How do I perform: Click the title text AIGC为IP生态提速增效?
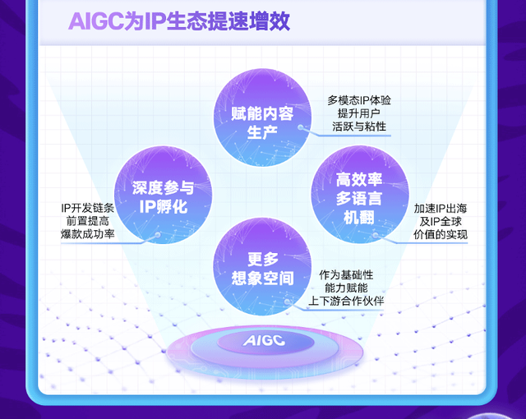[x=179, y=21]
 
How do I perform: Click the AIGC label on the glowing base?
[x=264, y=340]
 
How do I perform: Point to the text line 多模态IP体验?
[x=359, y=100]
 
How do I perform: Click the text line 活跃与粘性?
[x=359, y=128]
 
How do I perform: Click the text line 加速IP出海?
[x=441, y=208]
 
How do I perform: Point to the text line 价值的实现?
[x=441, y=235]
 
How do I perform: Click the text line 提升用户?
[x=359, y=114]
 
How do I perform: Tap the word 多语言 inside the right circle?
[x=360, y=198]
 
